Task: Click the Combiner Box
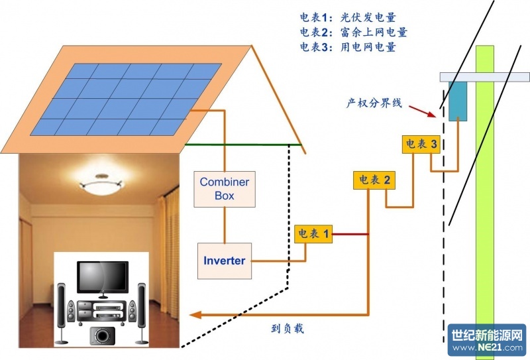click(x=225, y=188)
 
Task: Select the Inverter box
click(x=224, y=261)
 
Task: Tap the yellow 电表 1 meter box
click(x=313, y=233)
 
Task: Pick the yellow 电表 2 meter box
click(x=374, y=180)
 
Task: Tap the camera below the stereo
click(x=102, y=335)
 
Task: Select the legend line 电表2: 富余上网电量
click(x=353, y=32)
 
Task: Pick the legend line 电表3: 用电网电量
click(x=348, y=47)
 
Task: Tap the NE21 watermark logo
click(x=487, y=341)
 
